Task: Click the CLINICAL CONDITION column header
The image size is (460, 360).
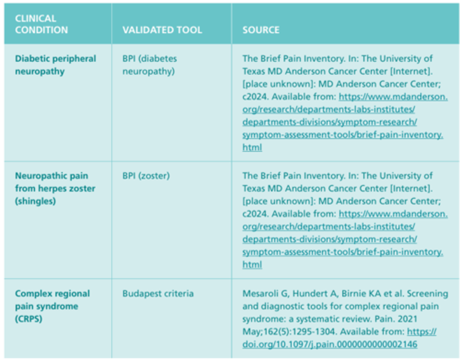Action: (x=42, y=24)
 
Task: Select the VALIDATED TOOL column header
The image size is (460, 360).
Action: (x=162, y=30)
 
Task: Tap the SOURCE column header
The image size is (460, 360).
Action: (x=261, y=30)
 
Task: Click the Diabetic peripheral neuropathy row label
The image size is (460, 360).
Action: (x=55, y=65)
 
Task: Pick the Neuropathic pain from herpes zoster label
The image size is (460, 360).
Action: (x=55, y=188)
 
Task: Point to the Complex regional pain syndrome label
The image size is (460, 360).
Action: (x=52, y=306)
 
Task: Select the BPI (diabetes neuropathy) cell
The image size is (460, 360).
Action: (x=149, y=65)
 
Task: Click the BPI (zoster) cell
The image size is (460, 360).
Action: (x=146, y=176)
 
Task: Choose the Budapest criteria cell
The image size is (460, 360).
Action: (x=158, y=293)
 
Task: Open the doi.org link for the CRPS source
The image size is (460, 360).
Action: (x=330, y=344)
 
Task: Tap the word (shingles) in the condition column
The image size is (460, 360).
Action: (x=35, y=201)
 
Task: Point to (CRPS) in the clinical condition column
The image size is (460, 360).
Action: (x=28, y=319)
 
